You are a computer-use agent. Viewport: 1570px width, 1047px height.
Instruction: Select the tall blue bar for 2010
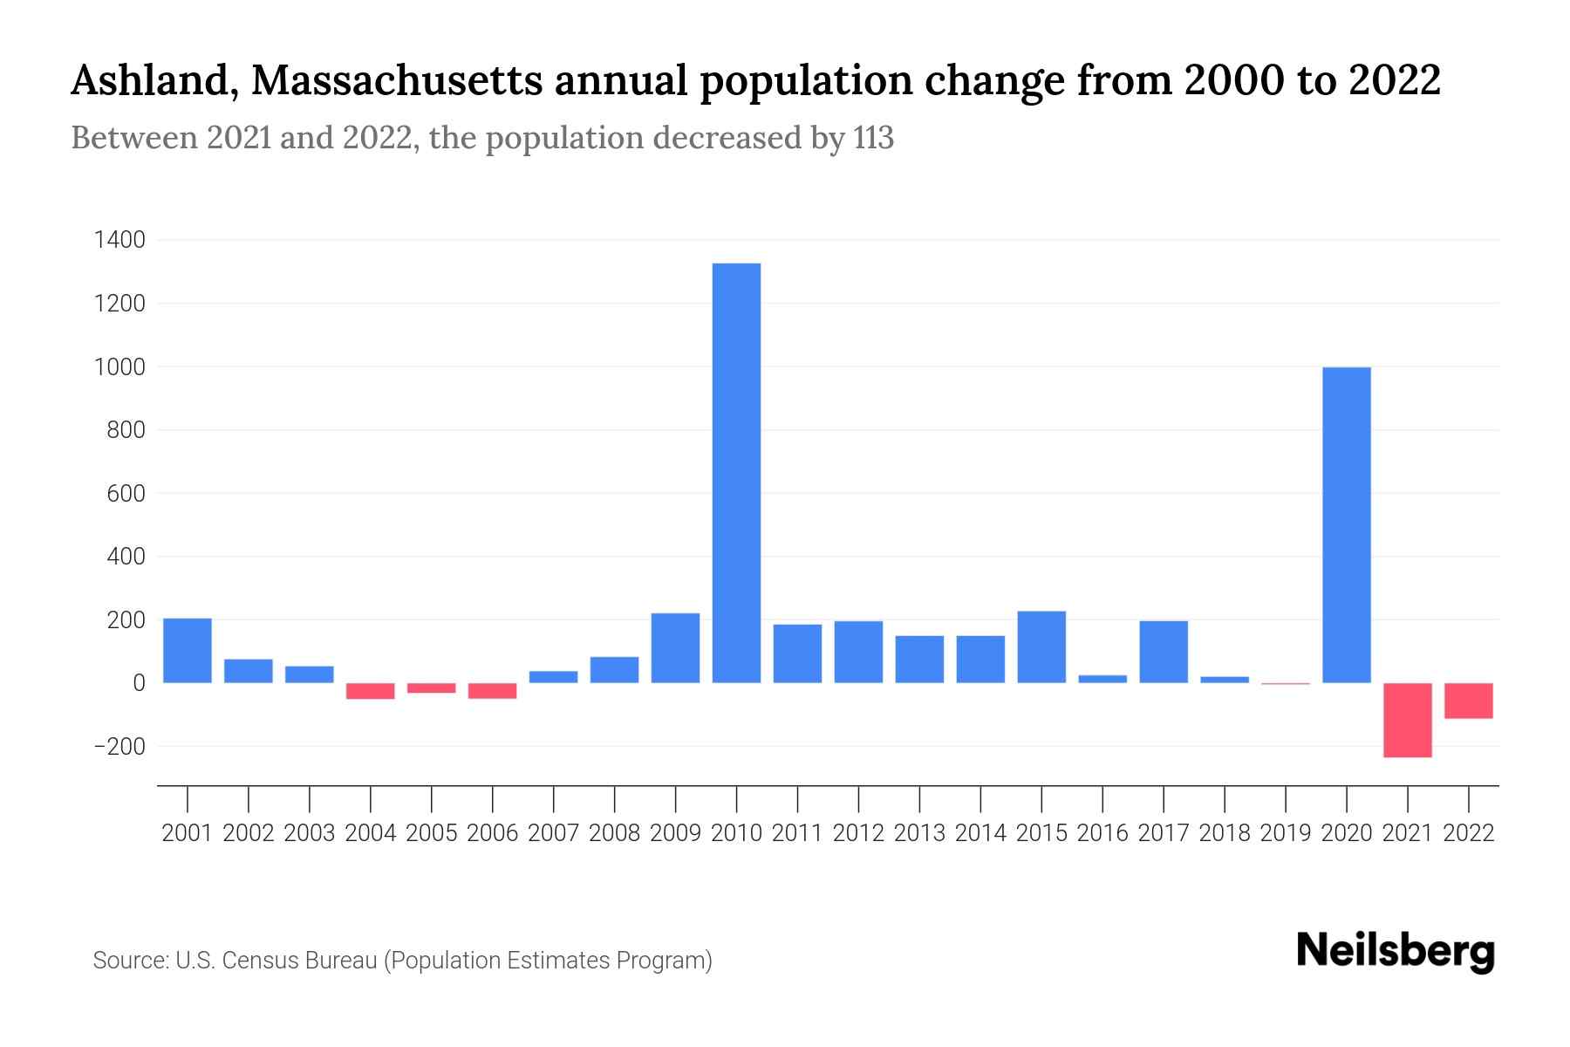(x=736, y=473)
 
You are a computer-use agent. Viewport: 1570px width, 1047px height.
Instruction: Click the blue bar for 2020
(x=1346, y=525)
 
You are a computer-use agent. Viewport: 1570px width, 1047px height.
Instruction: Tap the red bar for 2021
(x=1407, y=720)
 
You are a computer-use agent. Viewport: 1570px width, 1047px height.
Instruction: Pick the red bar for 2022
(x=1468, y=701)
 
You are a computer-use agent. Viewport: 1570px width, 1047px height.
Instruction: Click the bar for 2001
(x=188, y=650)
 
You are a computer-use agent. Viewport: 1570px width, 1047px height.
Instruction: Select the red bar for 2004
(x=370, y=691)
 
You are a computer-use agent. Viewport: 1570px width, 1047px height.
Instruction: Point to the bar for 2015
(x=1041, y=647)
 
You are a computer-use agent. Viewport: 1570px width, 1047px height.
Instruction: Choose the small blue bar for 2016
(x=1102, y=679)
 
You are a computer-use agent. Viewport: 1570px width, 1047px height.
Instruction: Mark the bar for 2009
(x=675, y=647)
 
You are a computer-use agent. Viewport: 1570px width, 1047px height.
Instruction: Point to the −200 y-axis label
(x=119, y=747)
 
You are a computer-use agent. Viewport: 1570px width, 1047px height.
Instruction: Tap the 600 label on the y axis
(x=126, y=494)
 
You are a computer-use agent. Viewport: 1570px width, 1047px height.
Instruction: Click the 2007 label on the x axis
(x=553, y=833)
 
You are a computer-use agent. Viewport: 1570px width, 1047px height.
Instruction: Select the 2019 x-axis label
(x=1285, y=833)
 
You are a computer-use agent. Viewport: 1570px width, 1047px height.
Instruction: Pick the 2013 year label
(x=919, y=833)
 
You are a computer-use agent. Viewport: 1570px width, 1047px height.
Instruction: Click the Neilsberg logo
(x=1396, y=952)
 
